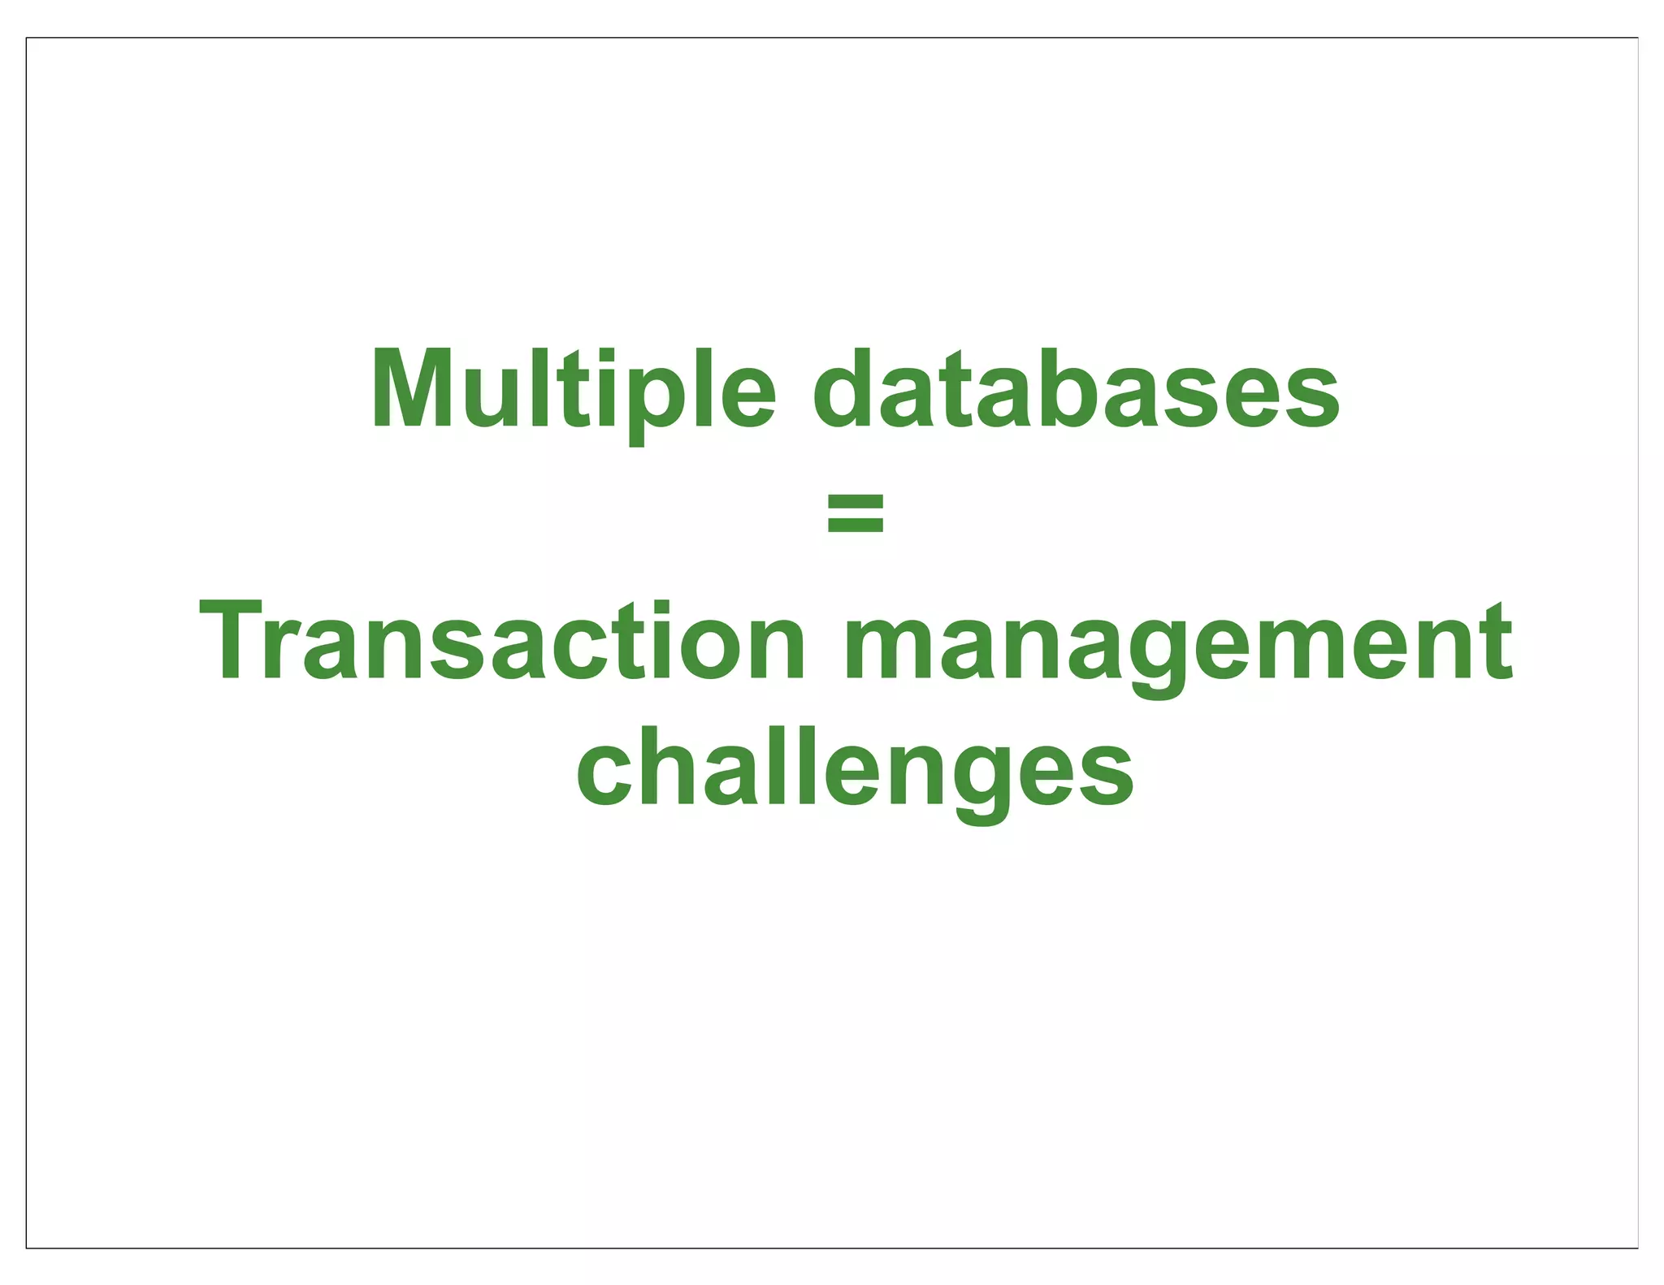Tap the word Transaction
pos(502,642)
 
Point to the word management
pos(1178,642)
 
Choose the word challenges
pos(855,768)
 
